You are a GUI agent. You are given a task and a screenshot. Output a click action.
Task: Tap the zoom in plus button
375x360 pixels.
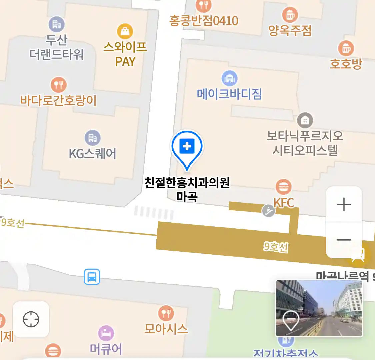pos(344,204)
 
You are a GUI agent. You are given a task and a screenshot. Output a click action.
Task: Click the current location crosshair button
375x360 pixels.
pos(31,319)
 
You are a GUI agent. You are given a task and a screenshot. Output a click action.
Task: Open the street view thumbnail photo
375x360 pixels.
pos(319,308)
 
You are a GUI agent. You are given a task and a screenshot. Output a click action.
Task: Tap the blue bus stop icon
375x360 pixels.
pos(92,277)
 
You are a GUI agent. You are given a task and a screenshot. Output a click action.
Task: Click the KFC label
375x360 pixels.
pos(284,203)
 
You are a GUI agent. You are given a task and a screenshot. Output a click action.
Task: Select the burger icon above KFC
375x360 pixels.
pos(283,187)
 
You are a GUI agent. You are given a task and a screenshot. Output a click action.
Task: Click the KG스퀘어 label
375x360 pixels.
pos(93,154)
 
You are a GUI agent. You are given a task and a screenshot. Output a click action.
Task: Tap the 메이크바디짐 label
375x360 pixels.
pos(229,94)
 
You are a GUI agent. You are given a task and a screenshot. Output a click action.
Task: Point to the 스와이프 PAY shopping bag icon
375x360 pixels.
pos(125,31)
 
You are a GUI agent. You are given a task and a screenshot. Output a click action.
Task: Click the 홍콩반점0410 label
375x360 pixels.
pos(204,21)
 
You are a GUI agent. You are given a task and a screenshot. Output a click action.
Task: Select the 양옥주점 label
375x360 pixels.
pos(290,31)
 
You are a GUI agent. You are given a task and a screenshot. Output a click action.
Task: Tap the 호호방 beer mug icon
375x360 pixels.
pos(346,49)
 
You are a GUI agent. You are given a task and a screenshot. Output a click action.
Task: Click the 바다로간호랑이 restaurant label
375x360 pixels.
pos(58,100)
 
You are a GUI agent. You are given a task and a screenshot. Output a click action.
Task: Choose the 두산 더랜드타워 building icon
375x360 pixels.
pos(57,24)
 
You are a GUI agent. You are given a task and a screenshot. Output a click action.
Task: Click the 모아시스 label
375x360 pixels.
pos(166,329)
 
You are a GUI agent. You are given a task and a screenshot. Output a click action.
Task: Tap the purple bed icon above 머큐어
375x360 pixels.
pos(106,333)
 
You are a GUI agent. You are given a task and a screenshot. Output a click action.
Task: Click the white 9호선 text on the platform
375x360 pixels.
pos(276,247)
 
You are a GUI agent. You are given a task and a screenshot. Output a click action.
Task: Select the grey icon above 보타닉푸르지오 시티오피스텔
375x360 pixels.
pos(305,120)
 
